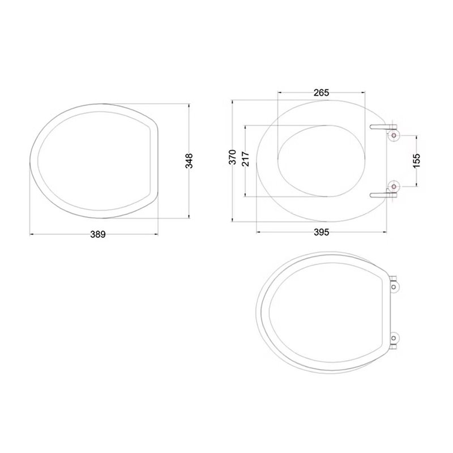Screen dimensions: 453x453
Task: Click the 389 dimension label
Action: (x=98, y=234)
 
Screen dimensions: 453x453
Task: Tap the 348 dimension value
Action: (x=189, y=161)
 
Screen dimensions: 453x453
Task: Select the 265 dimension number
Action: (x=321, y=93)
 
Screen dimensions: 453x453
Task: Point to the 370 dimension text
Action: (x=233, y=157)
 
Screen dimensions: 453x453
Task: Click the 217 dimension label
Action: (x=245, y=159)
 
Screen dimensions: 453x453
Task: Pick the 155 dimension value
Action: (x=416, y=160)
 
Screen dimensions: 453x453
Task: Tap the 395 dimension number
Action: (x=321, y=232)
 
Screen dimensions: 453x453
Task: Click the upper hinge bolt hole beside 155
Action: (x=394, y=135)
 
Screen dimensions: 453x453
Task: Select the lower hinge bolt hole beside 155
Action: (x=394, y=187)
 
